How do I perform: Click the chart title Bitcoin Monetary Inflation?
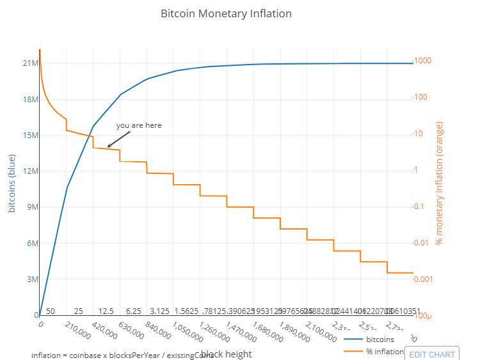[x=226, y=13]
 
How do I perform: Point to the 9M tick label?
[x=31, y=207]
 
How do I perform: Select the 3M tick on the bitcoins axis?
[x=31, y=279]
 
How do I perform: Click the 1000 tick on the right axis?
[x=422, y=61]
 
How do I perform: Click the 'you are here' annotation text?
[x=139, y=125]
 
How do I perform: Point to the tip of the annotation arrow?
[x=108, y=147]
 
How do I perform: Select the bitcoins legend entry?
[x=379, y=340]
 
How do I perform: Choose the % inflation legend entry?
[x=385, y=352]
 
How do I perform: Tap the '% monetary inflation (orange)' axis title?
[x=439, y=184]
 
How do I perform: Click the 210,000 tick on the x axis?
[x=78, y=331]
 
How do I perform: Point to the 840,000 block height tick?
[x=159, y=331]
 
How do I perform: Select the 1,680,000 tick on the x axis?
[x=266, y=331]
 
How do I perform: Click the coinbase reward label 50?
[x=51, y=311]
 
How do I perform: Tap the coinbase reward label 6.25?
[x=134, y=311]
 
